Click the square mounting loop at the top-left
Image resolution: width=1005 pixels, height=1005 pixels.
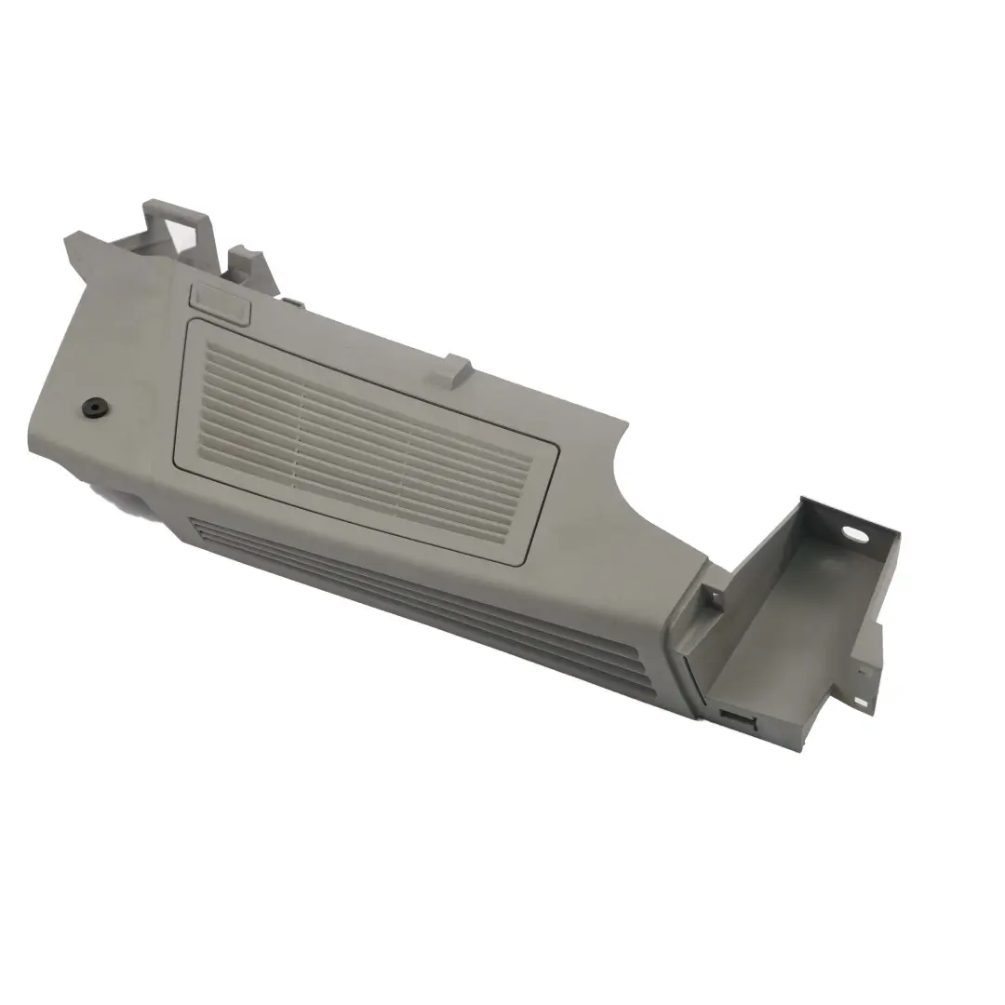click(x=176, y=224)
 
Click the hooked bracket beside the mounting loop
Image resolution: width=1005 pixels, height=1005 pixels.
click(x=249, y=264)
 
